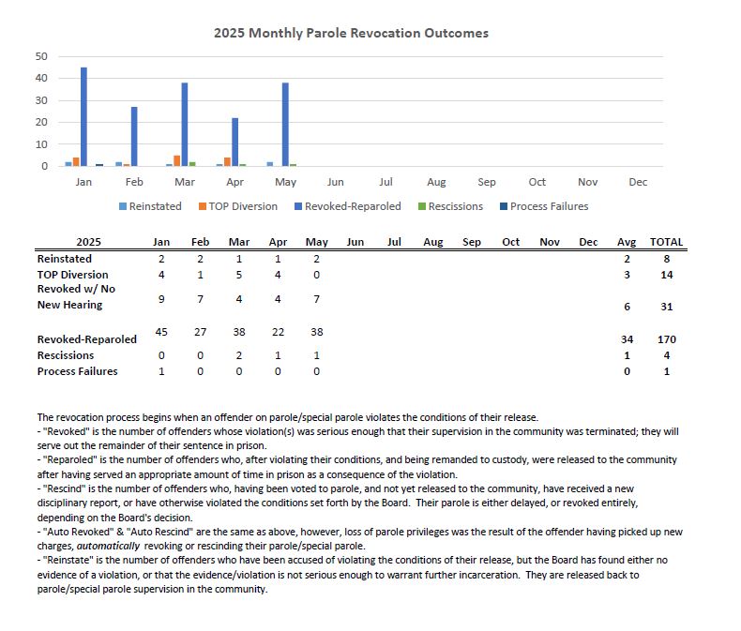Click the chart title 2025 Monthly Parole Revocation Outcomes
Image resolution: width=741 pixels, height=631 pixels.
351,33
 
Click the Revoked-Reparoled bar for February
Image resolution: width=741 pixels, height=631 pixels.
134,137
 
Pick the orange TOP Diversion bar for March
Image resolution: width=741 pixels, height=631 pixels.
176,161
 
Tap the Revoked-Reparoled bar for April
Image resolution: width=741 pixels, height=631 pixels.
234,143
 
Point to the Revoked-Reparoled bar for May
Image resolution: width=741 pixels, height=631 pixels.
285,125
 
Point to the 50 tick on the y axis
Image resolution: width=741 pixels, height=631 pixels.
41,56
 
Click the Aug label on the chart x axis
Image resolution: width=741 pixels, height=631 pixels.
436,182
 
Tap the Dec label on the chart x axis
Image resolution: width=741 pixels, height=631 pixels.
638,182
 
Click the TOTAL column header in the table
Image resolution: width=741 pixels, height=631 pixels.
666,242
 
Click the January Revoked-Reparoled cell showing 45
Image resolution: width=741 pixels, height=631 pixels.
160,331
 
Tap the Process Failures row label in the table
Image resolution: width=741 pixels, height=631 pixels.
78,371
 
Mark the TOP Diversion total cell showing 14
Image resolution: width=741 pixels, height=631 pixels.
666,275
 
